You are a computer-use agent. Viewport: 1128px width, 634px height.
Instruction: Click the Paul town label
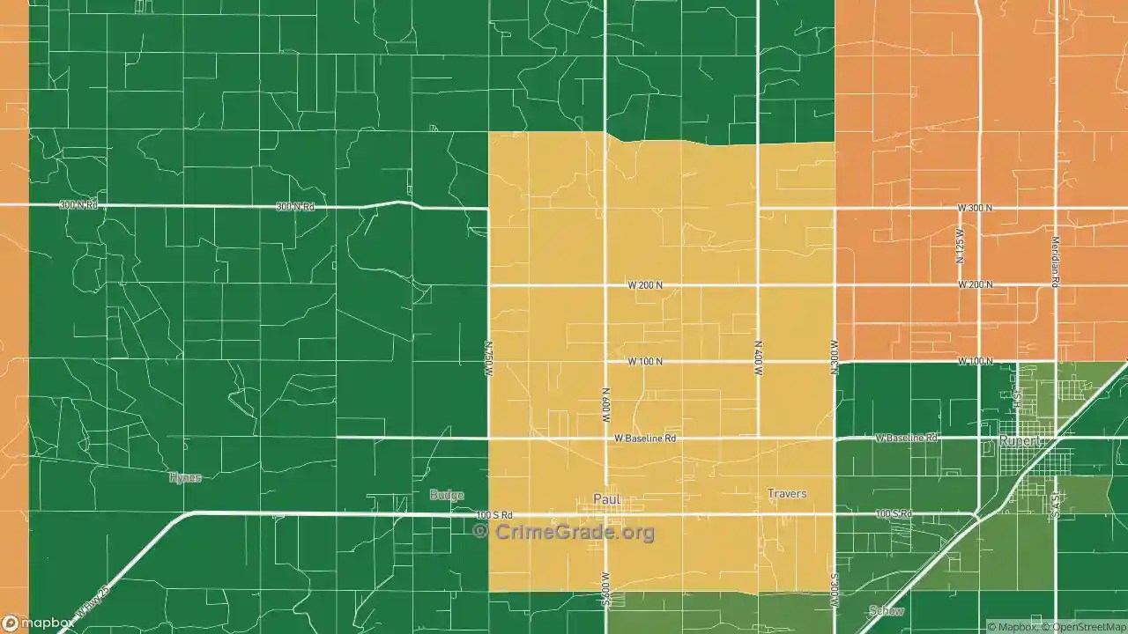(607, 499)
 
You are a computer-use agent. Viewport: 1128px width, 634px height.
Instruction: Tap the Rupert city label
(1020, 440)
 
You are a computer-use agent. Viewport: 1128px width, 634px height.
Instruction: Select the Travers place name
(786, 494)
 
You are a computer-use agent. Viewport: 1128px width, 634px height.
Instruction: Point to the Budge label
(447, 495)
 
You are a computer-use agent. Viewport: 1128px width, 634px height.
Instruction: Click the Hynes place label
(185, 477)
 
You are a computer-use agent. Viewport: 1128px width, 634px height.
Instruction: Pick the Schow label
(886, 611)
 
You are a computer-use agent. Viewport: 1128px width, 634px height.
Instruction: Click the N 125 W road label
(960, 246)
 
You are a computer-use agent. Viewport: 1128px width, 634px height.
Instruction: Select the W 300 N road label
(975, 208)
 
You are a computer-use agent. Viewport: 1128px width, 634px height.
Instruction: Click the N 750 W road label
(489, 360)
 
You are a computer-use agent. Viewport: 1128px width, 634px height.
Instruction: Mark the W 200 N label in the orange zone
(975, 285)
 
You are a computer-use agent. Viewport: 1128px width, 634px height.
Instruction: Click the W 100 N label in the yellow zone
(645, 362)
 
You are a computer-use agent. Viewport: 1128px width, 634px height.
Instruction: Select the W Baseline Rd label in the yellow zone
(645, 438)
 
